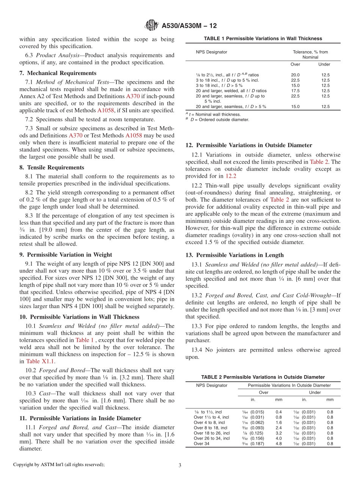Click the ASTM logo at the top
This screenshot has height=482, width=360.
click(152, 26)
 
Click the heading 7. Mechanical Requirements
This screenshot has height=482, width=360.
click(58, 73)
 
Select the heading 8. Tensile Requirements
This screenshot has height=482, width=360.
click(52, 167)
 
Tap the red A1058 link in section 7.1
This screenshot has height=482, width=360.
click(106, 111)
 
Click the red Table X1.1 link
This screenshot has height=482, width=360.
click(40, 361)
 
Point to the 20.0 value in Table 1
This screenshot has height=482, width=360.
click(295, 75)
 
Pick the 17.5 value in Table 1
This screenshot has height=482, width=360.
click(295, 91)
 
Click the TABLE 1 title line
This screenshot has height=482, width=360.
click(263, 39)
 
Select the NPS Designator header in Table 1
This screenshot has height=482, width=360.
click(211, 52)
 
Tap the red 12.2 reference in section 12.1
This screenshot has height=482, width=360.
click(230, 176)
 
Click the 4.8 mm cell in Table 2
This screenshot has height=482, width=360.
click(279, 444)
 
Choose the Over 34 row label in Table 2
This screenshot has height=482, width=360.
click(201, 444)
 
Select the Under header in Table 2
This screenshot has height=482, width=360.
click(315, 393)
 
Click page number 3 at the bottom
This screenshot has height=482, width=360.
click(180, 465)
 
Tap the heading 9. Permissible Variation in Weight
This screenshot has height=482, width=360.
click(66, 255)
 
